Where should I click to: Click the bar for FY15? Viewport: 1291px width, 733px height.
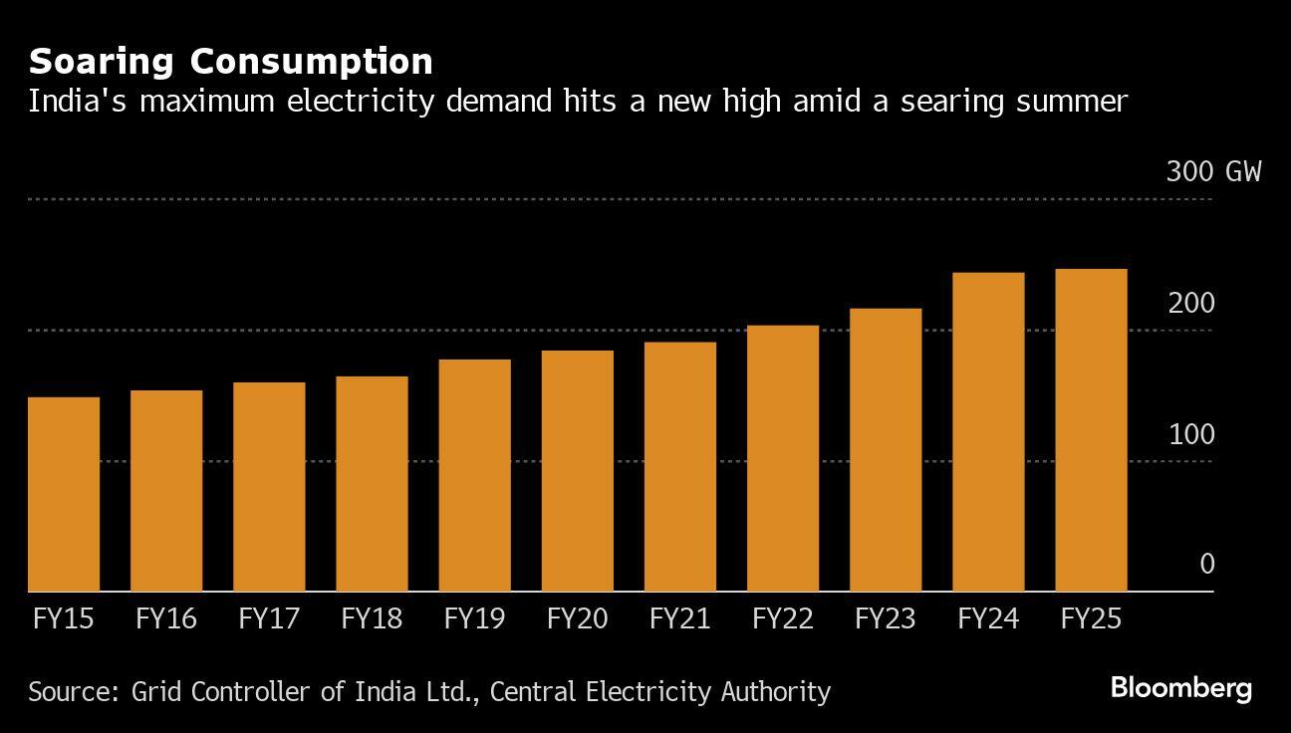[x=64, y=494]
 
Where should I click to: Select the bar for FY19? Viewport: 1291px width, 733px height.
[x=474, y=475]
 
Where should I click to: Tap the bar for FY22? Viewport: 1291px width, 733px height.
[x=782, y=458]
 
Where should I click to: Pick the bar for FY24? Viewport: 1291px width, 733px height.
[x=988, y=431]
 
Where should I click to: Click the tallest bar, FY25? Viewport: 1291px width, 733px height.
[x=1091, y=430]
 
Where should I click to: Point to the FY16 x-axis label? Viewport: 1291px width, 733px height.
[x=166, y=619]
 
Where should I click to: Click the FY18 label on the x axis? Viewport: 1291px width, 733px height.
[x=372, y=619]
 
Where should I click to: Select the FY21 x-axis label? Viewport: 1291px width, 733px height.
[x=679, y=619]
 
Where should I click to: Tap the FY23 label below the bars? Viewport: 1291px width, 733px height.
[x=885, y=619]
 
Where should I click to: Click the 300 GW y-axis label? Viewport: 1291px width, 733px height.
[x=1213, y=172]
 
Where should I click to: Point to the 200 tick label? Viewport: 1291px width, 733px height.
[x=1191, y=304]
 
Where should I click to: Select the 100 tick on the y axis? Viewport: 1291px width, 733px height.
[x=1191, y=435]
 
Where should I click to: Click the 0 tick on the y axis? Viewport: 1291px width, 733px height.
[x=1206, y=565]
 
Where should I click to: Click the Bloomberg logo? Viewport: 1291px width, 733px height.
[x=1180, y=688]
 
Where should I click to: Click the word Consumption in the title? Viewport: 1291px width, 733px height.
[x=312, y=63]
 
